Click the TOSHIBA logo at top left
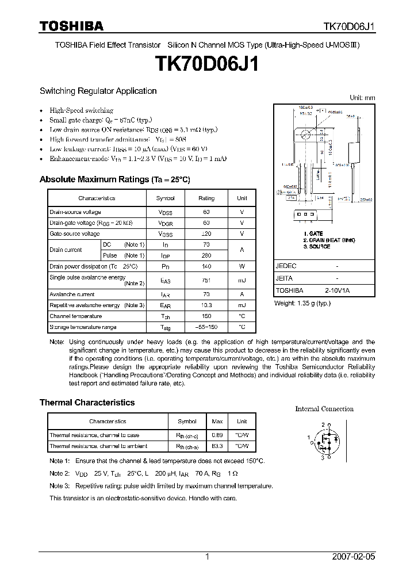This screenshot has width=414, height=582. (x=71, y=26)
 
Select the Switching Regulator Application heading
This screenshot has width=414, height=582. (x=98, y=91)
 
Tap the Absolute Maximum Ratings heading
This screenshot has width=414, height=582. (x=114, y=179)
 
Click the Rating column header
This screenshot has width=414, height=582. (x=206, y=198)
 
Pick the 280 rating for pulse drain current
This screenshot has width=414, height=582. (x=206, y=255)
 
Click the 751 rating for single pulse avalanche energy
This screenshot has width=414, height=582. (x=206, y=280)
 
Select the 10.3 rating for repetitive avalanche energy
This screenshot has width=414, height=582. (x=206, y=305)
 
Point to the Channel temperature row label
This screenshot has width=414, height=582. (x=75, y=316)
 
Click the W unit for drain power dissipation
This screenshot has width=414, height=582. (x=241, y=266)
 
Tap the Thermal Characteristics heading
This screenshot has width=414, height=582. (x=87, y=403)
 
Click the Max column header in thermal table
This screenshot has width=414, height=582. (x=218, y=422)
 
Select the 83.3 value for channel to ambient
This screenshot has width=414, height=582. (x=218, y=446)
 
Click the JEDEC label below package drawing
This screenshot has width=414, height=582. (x=286, y=266)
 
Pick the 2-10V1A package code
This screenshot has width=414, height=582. (x=336, y=291)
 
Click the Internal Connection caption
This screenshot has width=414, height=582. (x=324, y=409)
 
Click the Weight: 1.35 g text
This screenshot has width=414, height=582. (x=302, y=303)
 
